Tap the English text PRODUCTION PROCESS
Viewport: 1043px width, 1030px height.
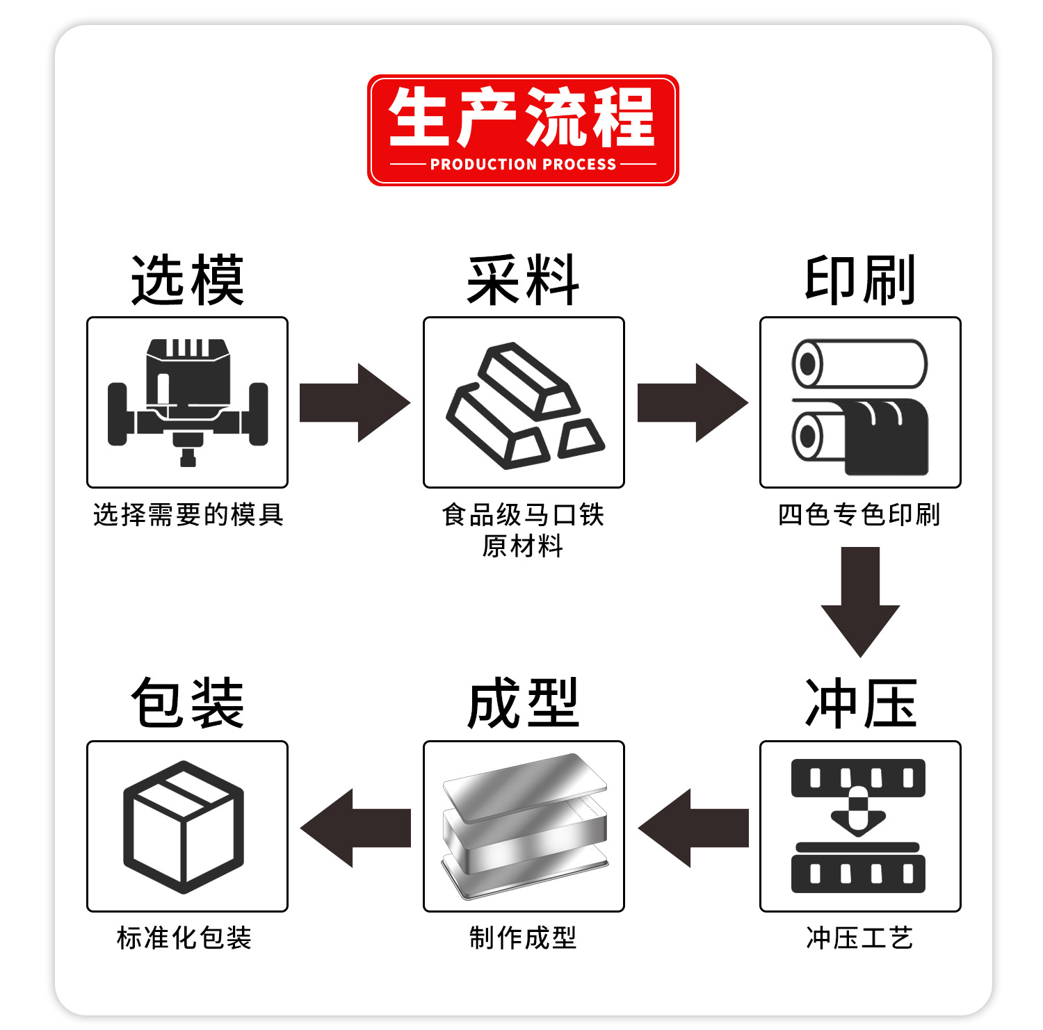523,165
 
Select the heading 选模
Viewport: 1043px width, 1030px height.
188,280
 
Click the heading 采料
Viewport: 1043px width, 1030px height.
523,280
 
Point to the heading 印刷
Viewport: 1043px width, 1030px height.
859,280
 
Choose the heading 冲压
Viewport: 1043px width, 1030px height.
860,703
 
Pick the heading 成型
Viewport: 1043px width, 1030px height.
523,703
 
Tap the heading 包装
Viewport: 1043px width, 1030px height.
188,703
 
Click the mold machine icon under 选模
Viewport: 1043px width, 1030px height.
187,402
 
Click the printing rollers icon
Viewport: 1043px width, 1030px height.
860,407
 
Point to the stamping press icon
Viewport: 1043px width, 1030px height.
859,826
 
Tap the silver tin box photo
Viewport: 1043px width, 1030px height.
524,826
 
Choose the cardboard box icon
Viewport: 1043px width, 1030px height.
184,826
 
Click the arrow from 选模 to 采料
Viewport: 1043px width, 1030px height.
354,402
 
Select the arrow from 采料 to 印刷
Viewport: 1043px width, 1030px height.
692,402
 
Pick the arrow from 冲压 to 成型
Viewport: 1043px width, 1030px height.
693,828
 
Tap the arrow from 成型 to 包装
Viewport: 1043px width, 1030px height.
355,828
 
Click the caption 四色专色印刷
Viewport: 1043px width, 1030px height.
859,515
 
